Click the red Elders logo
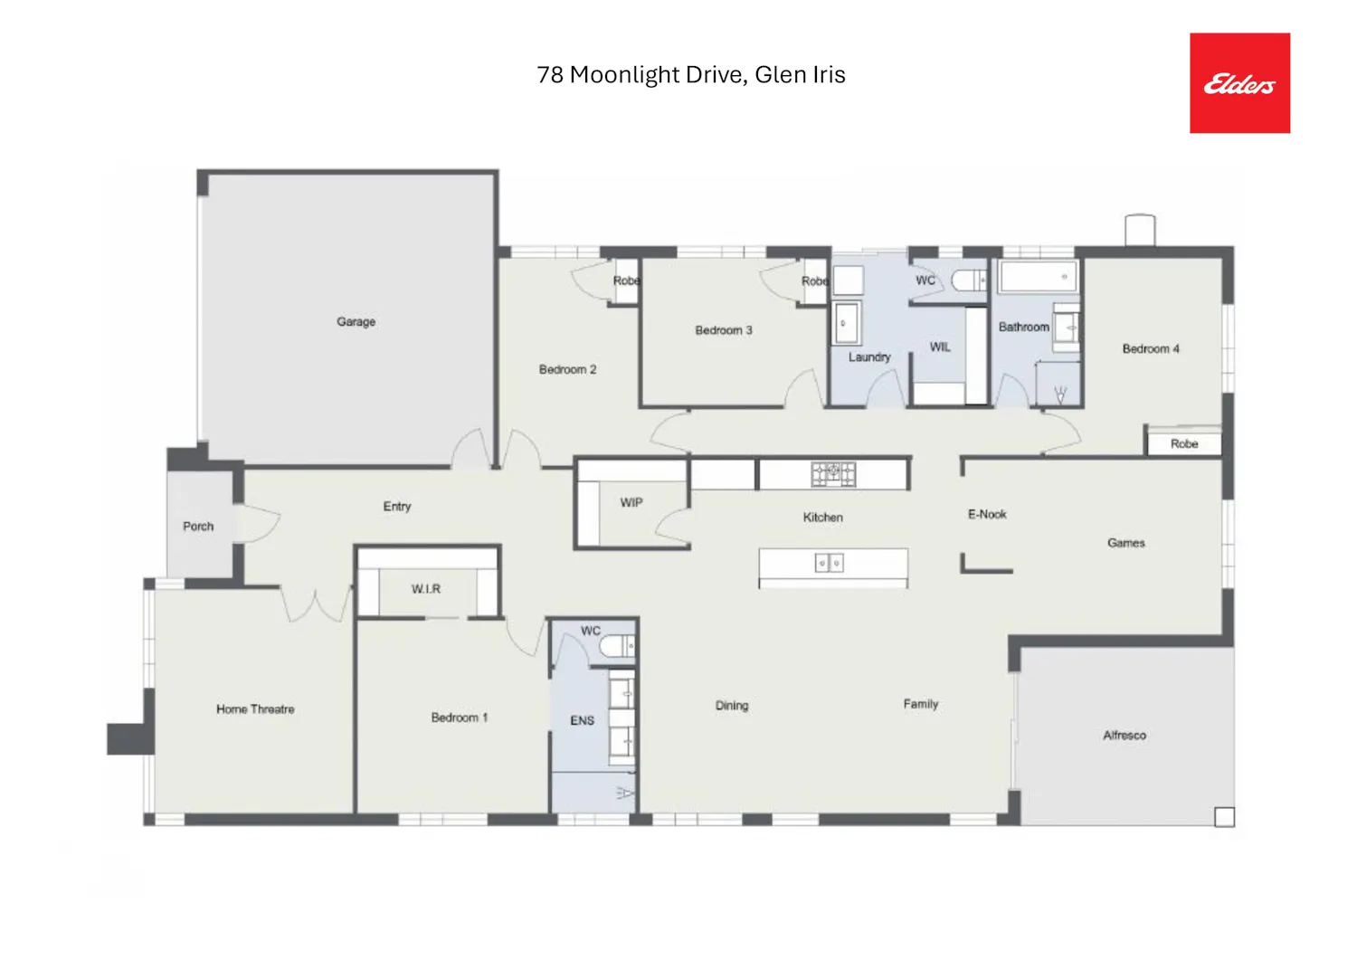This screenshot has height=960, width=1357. pos(1239,83)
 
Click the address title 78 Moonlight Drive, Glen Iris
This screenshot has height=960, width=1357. pos(690,74)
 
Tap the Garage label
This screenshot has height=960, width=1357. pos(356,322)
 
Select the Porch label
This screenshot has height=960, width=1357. pos(198,526)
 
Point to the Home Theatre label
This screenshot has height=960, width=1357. pos(255,709)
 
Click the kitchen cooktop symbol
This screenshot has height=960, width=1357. pos(833,474)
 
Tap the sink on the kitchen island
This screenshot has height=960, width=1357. pos(830,563)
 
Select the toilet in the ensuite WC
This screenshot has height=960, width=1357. pos(617,647)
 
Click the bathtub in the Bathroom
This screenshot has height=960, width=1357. pos(1039,277)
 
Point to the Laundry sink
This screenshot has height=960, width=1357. pos(846,323)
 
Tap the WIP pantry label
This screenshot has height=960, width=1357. pos(631,502)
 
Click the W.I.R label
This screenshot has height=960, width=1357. pos(426,588)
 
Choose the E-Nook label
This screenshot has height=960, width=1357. pos(987,514)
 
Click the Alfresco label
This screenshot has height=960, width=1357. pos(1125,735)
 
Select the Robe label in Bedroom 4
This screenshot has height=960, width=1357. pos(1184,443)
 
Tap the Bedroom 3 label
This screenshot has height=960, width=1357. pos(724,330)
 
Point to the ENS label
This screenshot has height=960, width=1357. pos(583,720)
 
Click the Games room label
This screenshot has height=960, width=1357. pos(1126,542)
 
